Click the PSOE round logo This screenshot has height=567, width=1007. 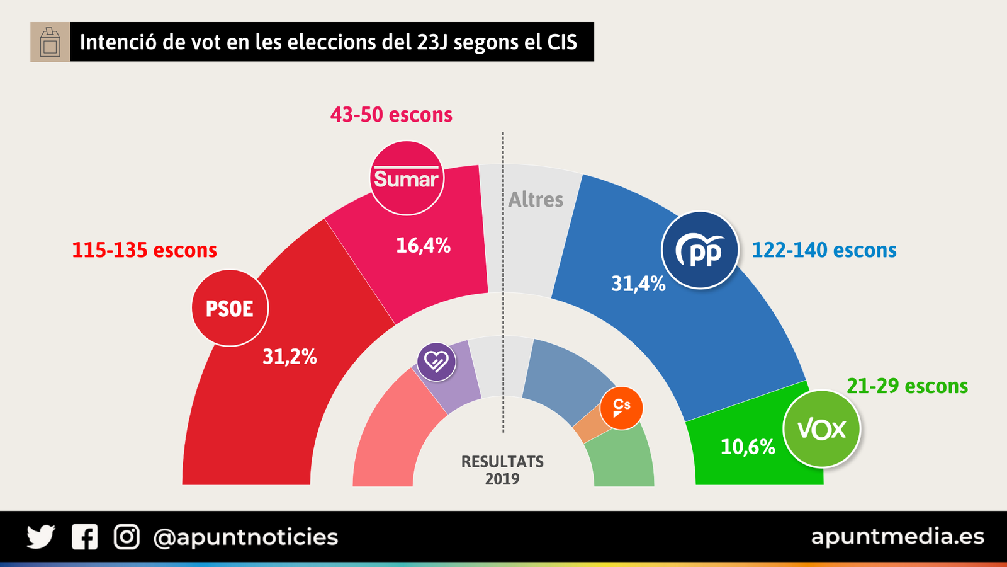230,308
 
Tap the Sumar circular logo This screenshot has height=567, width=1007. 407,178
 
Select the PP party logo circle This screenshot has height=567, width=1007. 700,251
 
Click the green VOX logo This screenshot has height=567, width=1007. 821,429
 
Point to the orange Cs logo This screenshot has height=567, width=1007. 621,408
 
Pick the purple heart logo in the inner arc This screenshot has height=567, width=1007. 436,362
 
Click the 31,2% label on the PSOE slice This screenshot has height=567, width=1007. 290,357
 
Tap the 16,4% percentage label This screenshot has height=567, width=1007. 423,245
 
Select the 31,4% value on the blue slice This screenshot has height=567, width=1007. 638,283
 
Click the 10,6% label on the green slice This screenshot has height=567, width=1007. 748,447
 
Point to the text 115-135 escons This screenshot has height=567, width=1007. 144,250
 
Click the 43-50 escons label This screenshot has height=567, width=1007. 391,115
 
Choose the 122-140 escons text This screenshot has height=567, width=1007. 824,250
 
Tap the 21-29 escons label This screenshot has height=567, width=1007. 907,386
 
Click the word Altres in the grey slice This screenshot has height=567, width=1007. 536,199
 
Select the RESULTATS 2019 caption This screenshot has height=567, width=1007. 502,470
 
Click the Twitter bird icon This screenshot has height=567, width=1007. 41,537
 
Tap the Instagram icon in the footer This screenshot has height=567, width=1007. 127,537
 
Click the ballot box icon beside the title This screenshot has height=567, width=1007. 50,42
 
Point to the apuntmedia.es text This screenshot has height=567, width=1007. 897,537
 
